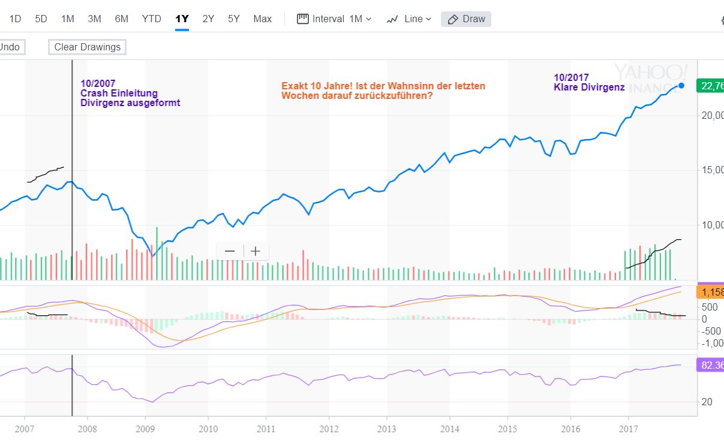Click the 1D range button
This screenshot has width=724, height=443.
(15, 19)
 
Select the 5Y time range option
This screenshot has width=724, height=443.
(234, 19)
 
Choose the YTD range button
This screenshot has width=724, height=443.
(151, 19)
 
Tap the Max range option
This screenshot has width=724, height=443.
(262, 19)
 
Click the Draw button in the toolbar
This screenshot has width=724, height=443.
(466, 19)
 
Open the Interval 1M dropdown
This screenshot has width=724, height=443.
(335, 19)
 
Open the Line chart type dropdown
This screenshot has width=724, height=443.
(409, 19)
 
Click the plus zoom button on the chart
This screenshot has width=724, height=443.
(256, 251)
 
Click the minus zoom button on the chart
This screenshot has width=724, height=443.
(230, 251)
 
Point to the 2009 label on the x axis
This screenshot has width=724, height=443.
(145, 429)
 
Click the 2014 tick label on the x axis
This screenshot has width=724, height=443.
(449, 429)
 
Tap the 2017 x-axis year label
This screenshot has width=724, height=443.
(628, 429)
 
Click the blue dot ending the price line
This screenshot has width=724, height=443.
(681, 86)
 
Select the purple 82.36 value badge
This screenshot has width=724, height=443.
(710, 365)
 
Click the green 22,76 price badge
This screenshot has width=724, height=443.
(710, 86)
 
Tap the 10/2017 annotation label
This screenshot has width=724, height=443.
(571, 77)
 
